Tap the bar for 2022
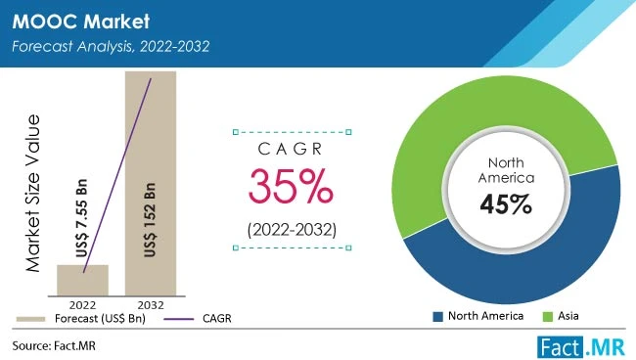tap(83, 280)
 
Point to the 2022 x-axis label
tap(83, 304)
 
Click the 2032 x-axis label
tap(150, 304)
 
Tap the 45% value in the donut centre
tap(505, 204)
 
